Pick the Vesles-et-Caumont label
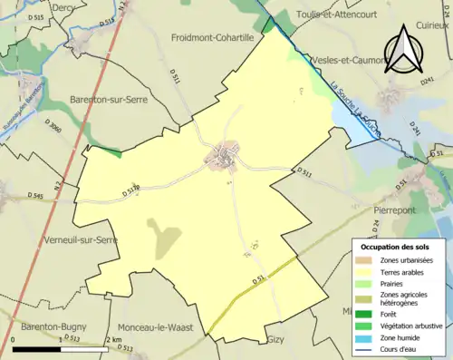[x=349, y=60]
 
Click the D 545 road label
[x=35, y=195]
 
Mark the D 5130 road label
[x=133, y=189]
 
